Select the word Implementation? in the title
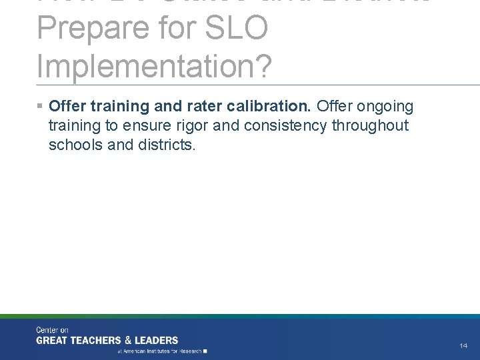pyautogui.click(x=155, y=67)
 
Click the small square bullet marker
pyautogui.click(x=41, y=106)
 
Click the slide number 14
pyautogui.click(x=463, y=345)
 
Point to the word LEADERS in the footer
pyautogui.click(x=157, y=339)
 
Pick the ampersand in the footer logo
pyautogui.click(x=132, y=339)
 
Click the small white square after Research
pyautogui.click(x=205, y=350)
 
